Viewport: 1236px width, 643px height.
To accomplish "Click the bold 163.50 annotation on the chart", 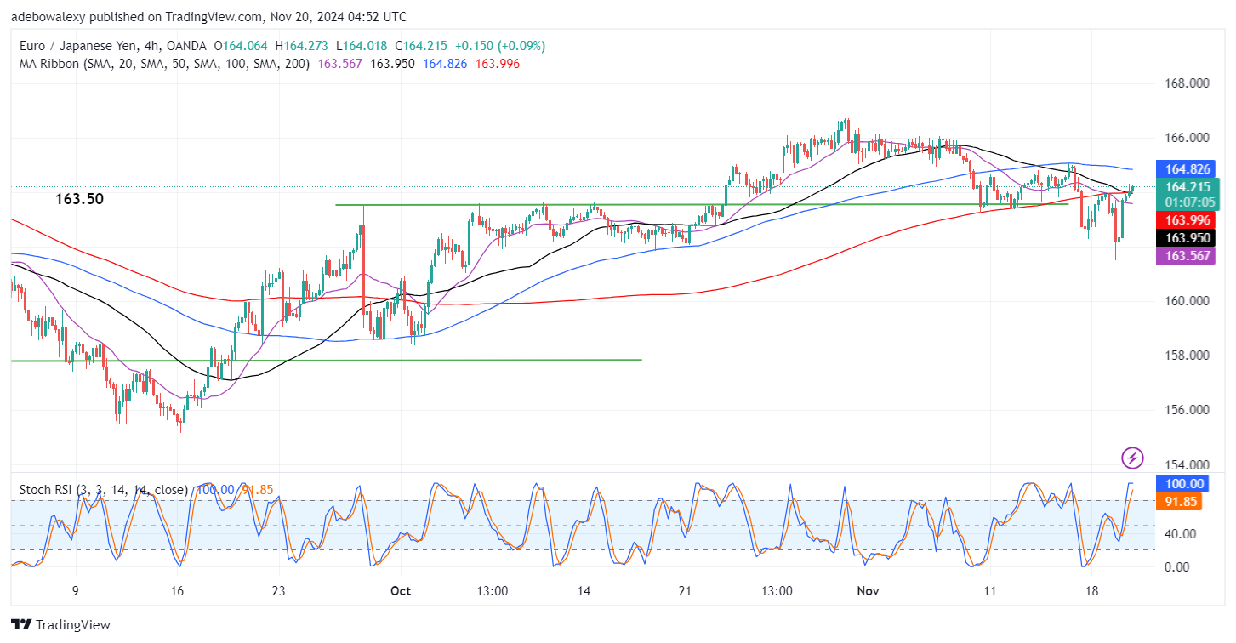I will coord(80,199).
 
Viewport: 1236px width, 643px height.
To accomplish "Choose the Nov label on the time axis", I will coord(868,590).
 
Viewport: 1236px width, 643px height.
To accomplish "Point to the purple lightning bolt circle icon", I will coord(1132,458).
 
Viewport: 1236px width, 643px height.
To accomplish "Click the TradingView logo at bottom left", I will coord(61,625).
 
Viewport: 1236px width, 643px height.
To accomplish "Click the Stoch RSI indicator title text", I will coord(102,490).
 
